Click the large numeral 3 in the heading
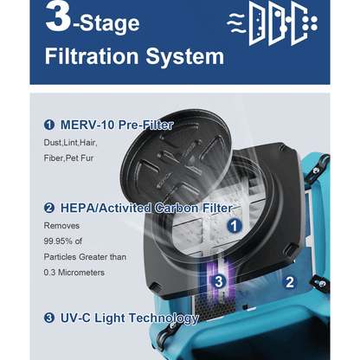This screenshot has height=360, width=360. coord(58,16)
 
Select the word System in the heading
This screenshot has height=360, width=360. coord(184,56)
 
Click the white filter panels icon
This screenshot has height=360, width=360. coord(272,23)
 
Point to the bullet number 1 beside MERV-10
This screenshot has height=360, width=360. coord(49,125)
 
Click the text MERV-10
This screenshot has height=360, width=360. coord(88,125)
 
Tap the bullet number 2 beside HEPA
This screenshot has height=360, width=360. coord(49,208)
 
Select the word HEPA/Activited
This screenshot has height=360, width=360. coord(106,209)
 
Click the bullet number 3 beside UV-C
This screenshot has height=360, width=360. coord(49,318)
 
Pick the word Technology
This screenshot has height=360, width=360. coord(164,318)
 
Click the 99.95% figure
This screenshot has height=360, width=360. coord(58,241)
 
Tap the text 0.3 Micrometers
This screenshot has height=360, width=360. coord(74,273)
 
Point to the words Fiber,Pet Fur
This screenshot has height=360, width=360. coord(68,158)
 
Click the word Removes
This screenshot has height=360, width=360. coord(61,225)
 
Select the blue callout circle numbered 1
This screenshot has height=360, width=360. coord(235,225)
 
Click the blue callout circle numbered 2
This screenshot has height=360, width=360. coord(290,282)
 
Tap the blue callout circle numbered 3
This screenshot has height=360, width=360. coord(219,281)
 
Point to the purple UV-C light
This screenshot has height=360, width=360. coord(220,277)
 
